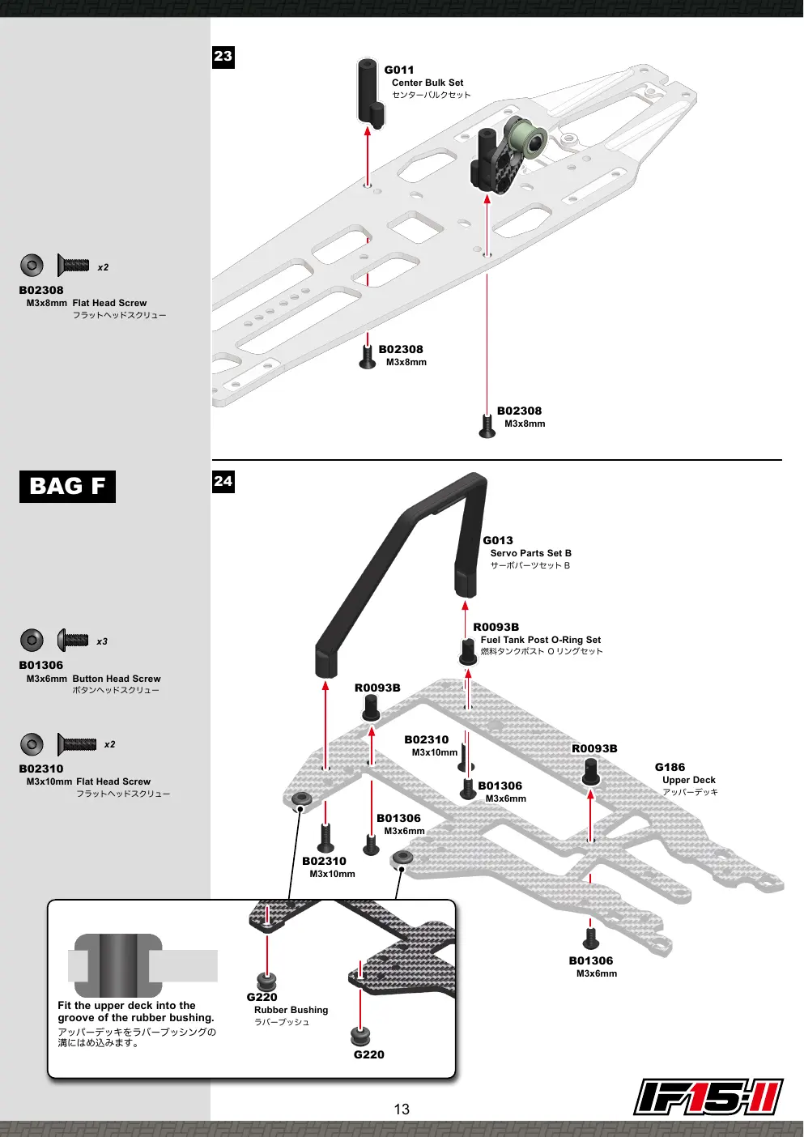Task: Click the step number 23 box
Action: [223, 57]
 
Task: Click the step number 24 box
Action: [223, 482]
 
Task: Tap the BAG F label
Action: [67, 487]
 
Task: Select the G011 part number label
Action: [399, 70]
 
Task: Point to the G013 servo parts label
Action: [498, 541]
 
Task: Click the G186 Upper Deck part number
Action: [670, 768]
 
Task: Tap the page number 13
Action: [402, 1109]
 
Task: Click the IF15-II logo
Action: [708, 1097]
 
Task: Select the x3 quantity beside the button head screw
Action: [102, 641]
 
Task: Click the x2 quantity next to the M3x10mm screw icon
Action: [109, 744]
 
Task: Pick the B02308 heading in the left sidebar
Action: [41, 291]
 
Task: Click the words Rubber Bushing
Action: [291, 1010]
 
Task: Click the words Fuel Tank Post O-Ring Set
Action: [541, 640]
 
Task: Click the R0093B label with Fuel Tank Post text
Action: [496, 628]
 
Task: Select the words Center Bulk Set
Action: [428, 83]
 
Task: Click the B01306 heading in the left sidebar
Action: [41, 665]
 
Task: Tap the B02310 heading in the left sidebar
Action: [41, 769]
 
